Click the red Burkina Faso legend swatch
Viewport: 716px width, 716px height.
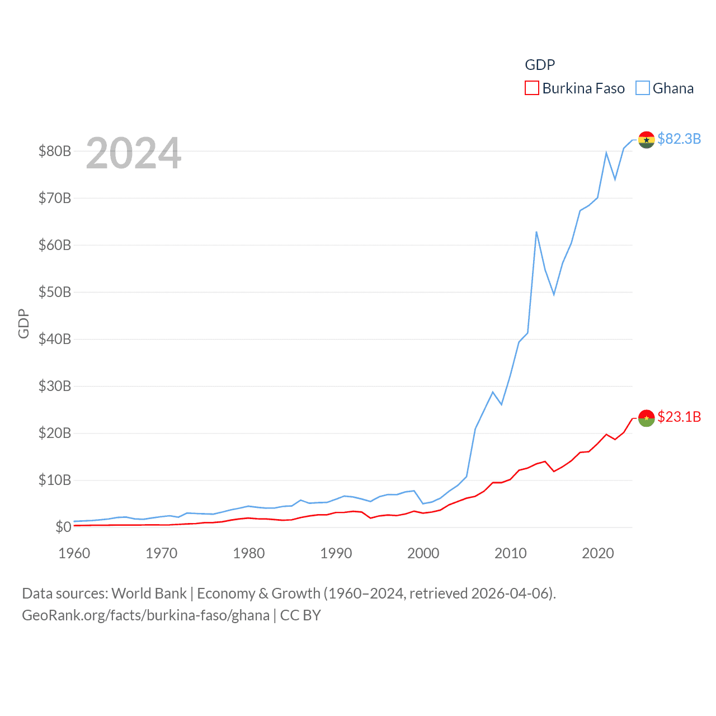point(531,88)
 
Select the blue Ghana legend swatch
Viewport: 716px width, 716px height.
point(643,88)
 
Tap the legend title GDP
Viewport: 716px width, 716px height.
point(540,65)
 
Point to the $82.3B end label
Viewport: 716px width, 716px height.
point(679,139)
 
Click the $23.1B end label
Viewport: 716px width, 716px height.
point(679,417)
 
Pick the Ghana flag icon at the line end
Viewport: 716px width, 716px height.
point(647,140)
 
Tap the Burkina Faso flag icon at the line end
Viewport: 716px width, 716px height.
point(647,418)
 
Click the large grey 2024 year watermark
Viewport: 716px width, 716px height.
point(134,153)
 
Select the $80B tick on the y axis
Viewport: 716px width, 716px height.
point(55,151)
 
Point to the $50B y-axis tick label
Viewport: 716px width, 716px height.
point(55,292)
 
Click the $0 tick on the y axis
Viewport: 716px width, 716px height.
point(63,527)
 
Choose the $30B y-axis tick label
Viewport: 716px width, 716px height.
point(55,386)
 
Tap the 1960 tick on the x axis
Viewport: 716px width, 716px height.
point(74,553)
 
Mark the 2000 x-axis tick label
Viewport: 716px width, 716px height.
point(423,553)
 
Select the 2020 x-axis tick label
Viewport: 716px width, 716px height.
point(598,553)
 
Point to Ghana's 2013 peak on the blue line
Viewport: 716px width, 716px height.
point(536,232)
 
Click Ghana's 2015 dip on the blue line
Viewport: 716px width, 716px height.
point(554,294)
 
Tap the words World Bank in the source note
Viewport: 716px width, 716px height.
point(149,593)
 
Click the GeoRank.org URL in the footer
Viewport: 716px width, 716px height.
point(145,615)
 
